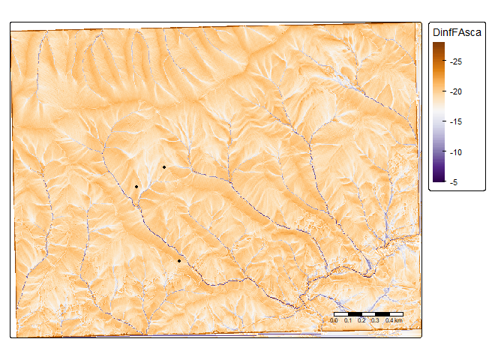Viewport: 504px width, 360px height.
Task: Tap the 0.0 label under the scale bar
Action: coord(334,320)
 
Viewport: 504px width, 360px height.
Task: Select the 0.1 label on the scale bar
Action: coord(348,320)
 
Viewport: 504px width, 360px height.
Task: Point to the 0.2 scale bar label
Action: coord(361,320)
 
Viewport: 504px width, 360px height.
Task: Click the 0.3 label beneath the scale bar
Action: coord(375,320)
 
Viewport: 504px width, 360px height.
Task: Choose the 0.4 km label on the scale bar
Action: coord(394,320)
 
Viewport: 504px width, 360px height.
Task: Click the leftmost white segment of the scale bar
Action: coord(341,312)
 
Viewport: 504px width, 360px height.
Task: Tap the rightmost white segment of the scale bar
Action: coord(396,312)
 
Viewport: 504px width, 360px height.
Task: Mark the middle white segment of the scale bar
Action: coord(368,312)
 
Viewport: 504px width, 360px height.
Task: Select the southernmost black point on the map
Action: coord(179,261)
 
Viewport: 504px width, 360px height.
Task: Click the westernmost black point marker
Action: coord(136,186)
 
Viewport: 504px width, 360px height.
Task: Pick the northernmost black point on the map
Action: coord(164,166)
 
